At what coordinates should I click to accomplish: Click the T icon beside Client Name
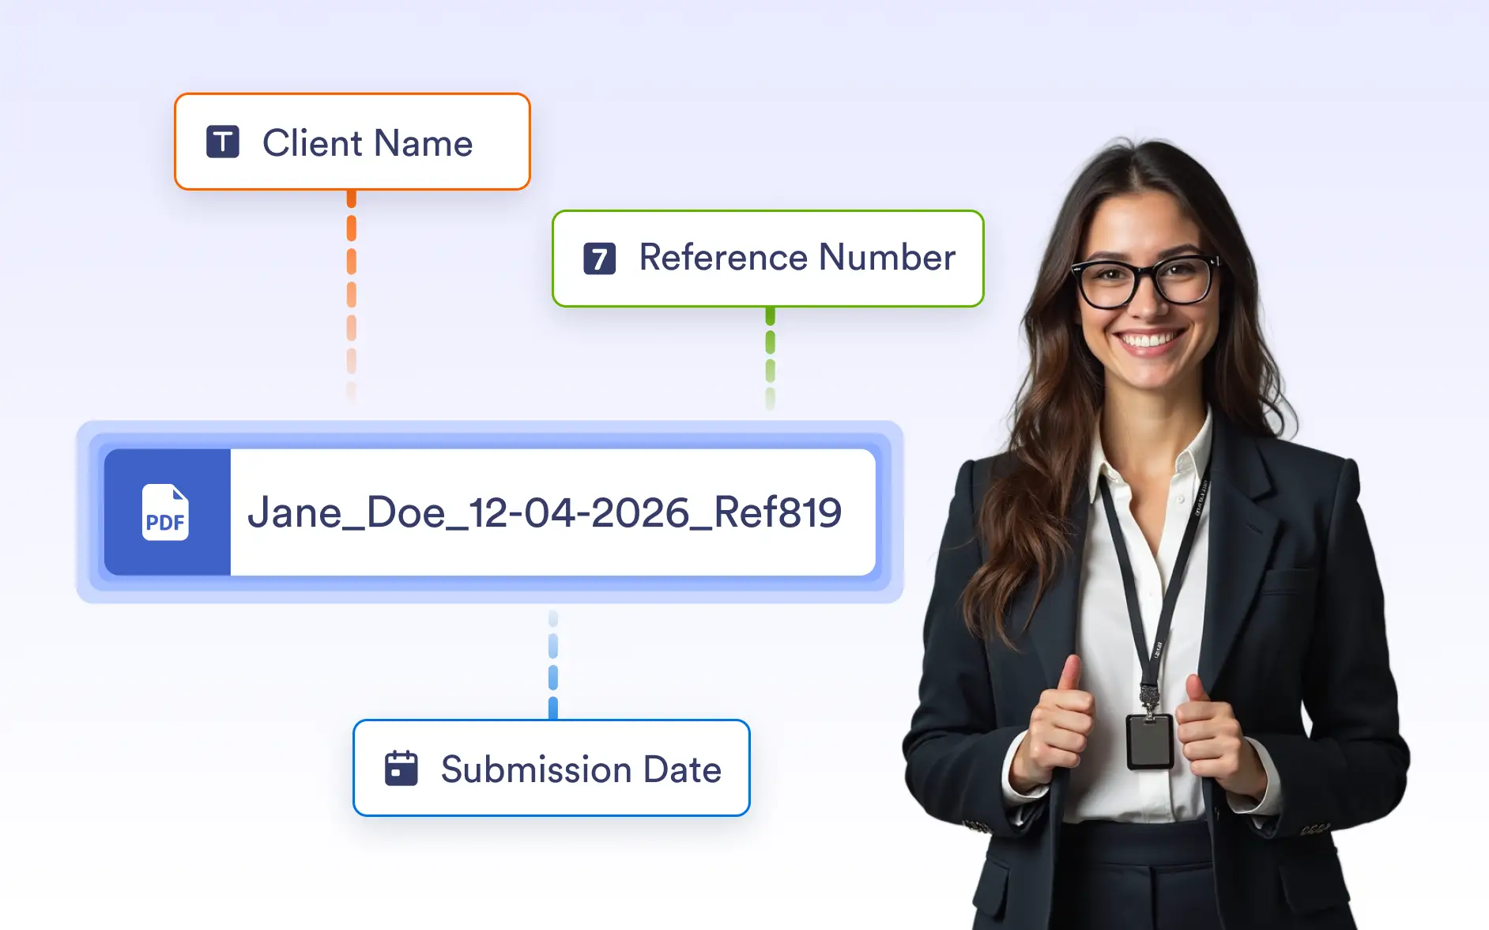click(x=223, y=142)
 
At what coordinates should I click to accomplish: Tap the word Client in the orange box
click(x=312, y=143)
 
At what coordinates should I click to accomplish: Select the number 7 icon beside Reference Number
click(x=600, y=259)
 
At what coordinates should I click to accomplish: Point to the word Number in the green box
click(x=888, y=257)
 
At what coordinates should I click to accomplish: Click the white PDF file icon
click(x=165, y=512)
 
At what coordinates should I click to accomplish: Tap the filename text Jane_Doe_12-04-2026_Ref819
click(x=545, y=512)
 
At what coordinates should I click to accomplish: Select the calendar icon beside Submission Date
click(x=401, y=768)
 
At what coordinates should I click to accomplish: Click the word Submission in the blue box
click(x=537, y=769)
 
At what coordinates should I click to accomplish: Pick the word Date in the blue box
click(x=682, y=769)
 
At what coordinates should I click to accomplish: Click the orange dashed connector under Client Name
click(x=352, y=296)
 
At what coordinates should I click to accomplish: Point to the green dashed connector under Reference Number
click(x=771, y=357)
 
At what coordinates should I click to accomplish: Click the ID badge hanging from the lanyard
click(x=1149, y=741)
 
